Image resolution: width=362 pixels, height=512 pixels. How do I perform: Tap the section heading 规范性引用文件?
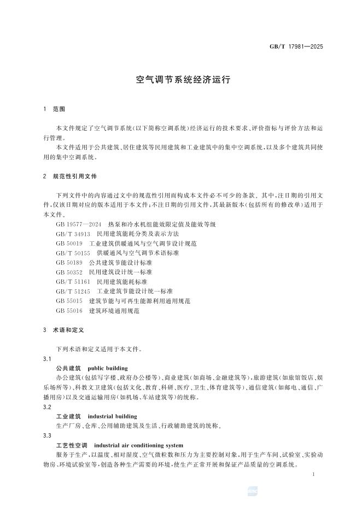(75, 177)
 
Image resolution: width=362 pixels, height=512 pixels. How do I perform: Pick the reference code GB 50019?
(69, 243)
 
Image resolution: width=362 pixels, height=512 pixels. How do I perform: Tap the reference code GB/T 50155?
(72, 253)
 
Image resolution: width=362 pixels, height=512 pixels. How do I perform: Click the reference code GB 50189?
(69, 263)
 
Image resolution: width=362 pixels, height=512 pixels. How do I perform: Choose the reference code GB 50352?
(69, 272)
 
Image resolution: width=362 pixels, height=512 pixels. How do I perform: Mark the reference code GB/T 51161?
(72, 282)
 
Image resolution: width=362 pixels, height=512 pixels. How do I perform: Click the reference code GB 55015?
(69, 301)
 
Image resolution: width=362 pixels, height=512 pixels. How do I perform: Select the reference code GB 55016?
(69, 311)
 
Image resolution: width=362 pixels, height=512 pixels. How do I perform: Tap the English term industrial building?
(113, 416)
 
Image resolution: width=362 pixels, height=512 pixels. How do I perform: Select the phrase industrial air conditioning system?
(139, 445)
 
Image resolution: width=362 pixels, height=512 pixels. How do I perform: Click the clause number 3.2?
(47, 407)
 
